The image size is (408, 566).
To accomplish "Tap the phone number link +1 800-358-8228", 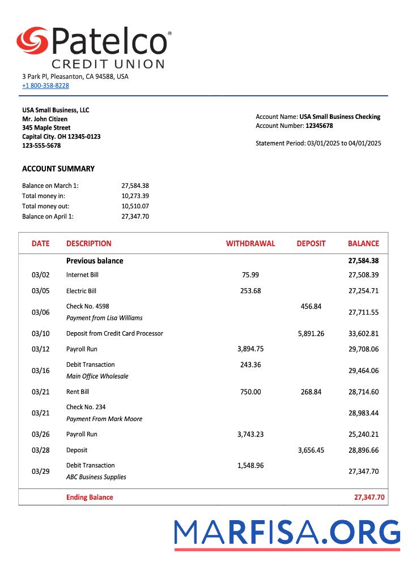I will click(x=45, y=85).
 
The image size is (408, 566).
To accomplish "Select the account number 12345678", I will click(x=319, y=126).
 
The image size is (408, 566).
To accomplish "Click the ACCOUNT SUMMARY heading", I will click(x=58, y=169).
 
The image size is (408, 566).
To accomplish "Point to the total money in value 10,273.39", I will click(x=135, y=196).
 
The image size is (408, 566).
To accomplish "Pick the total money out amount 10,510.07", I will click(x=135, y=206).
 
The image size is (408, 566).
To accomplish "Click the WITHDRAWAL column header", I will click(x=250, y=243).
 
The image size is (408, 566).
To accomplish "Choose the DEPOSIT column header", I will click(x=311, y=243).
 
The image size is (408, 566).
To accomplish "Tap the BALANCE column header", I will click(x=363, y=243).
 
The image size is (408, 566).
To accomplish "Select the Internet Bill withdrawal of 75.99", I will click(x=250, y=275).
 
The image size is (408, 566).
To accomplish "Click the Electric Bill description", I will click(x=81, y=291).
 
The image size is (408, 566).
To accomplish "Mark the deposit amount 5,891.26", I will click(x=311, y=333).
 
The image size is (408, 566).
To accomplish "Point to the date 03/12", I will click(x=41, y=349).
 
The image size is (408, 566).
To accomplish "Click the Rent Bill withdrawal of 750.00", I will click(x=250, y=392).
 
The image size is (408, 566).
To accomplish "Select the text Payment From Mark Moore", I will click(x=104, y=419).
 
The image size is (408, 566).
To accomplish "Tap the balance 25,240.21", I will click(x=363, y=435).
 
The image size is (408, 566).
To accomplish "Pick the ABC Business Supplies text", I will click(x=96, y=477).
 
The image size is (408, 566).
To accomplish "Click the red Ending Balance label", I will click(x=90, y=498).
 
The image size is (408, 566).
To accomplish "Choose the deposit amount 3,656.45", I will click(x=311, y=450).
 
